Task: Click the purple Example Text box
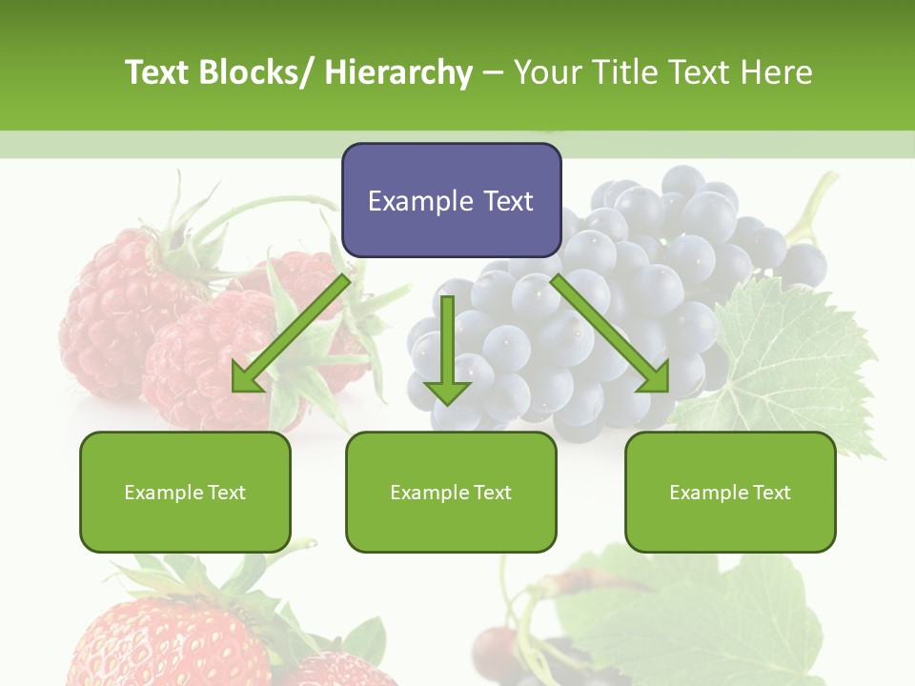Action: [451, 200]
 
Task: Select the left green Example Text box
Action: [185, 492]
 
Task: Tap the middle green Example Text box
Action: [451, 492]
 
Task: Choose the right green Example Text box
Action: [730, 492]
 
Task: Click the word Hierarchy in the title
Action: [398, 72]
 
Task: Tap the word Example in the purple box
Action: [420, 201]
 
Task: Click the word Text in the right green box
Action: [770, 493]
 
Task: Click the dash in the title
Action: [493, 73]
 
